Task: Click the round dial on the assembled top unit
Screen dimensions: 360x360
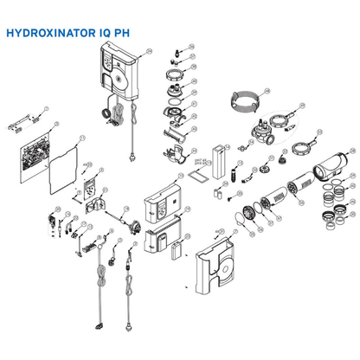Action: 116,84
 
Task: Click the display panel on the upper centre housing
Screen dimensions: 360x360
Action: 164,209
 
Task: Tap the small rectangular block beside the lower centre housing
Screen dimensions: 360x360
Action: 179,252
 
